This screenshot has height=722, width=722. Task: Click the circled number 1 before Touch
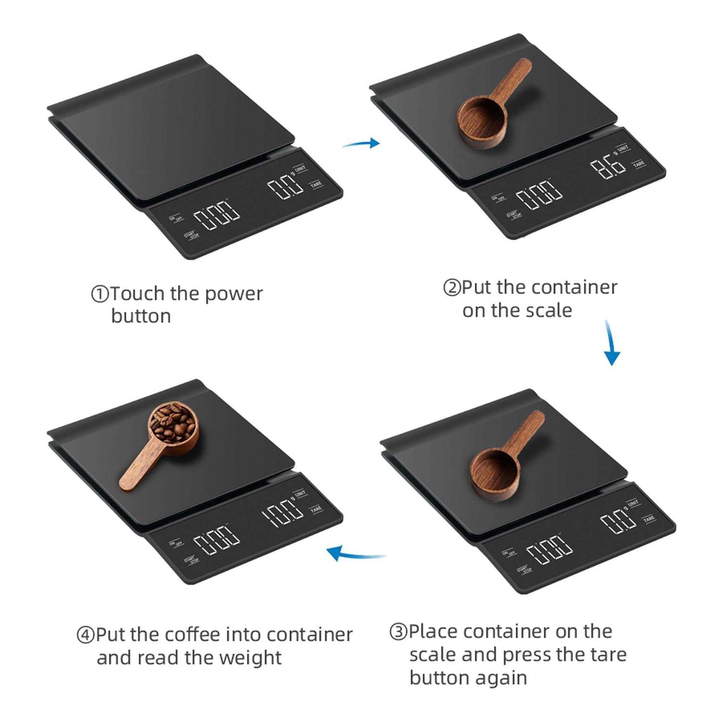click(x=100, y=294)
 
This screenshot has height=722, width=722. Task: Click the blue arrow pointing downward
click(x=611, y=343)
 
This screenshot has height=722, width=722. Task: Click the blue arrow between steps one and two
click(x=361, y=143)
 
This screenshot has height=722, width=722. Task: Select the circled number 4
click(x=85, y=635)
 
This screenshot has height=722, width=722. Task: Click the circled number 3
click(x=398, y=632)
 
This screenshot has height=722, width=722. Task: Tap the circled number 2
click(x=451, y=288)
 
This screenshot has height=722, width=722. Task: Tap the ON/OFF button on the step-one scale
click(x=176, y=219)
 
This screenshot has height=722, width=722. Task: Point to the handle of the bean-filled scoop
click(x=137, y=468)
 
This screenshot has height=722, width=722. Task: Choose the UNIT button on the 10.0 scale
click(x=300, y=494)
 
